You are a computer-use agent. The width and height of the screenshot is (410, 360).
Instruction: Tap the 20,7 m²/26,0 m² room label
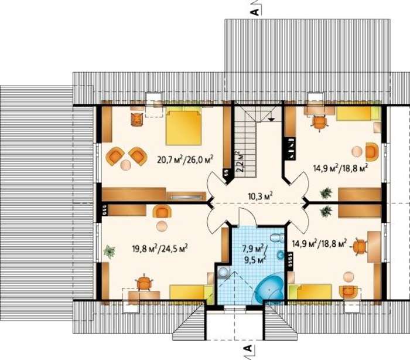[x=185, y=159]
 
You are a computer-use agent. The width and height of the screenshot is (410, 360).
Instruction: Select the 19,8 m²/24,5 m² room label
[x=160, y=248]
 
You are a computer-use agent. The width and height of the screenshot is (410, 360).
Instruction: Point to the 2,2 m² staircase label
[x=240, y=161]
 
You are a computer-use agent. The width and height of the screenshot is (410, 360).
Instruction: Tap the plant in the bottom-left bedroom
[x=110, y=252]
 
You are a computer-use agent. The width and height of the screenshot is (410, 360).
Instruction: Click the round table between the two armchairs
[x=126, y=165]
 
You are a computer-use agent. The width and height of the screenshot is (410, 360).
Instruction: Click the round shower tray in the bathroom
[x=223, y=272]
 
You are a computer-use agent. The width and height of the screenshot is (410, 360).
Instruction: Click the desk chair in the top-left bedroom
[x=136, y=119]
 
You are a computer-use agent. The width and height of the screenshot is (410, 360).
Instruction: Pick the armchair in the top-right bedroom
[x=372, y=152]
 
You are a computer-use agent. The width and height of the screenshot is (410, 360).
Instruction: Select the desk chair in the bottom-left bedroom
[x=143, y=282]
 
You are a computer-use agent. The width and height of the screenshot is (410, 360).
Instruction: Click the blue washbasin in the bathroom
[x=281, y=254]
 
